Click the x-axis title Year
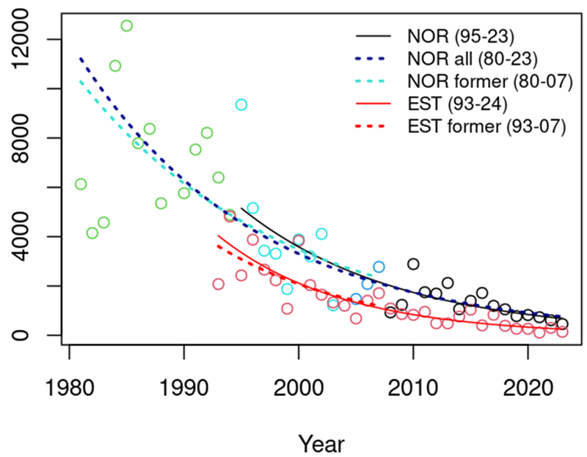(x=321, y=443)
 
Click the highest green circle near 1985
(x=126, y=26)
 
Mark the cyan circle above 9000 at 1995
(x=241, y=105)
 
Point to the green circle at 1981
(x=81, y=184)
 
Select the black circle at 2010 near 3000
(x=413, y=263)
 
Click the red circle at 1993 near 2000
(x=218, y=284)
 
